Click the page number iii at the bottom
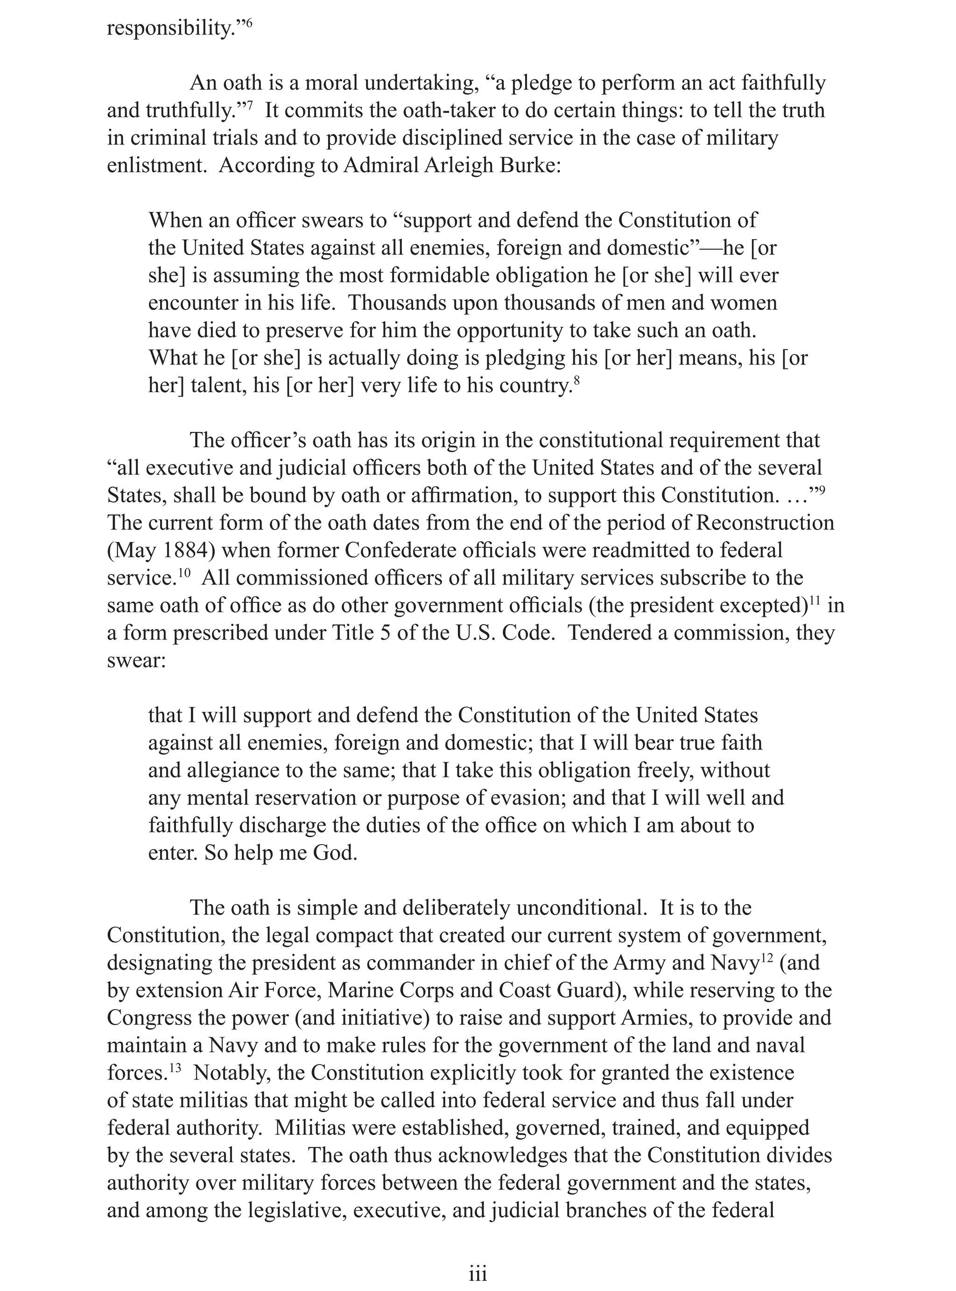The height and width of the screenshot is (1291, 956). point(478,1274)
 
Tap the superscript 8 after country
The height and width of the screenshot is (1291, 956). point(576,380)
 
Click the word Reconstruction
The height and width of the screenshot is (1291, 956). point(765,523)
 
